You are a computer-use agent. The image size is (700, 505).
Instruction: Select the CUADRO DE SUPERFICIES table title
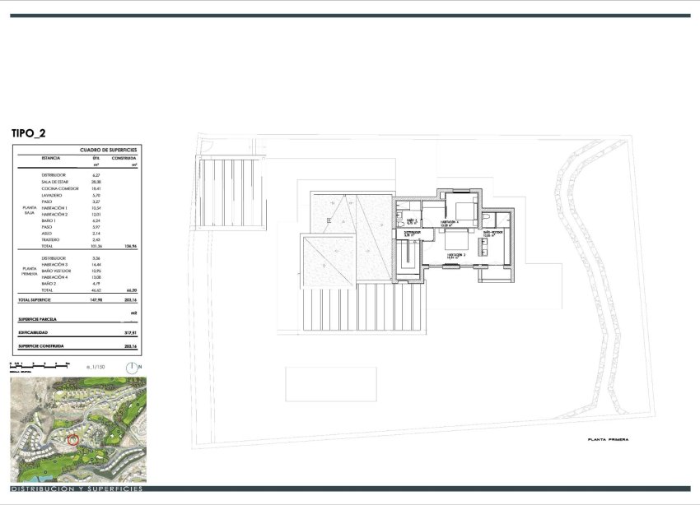[x=108, y=150]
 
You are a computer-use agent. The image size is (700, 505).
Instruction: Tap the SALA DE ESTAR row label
[x=56, y=182]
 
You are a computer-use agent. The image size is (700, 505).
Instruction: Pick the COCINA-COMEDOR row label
[x=59, y=188]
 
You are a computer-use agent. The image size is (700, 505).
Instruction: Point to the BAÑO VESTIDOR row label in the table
[x=58, y=271]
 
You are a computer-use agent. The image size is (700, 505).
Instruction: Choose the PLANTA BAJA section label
[x=28, y=211]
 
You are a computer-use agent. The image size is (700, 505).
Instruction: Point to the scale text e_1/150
[x=96, y=366]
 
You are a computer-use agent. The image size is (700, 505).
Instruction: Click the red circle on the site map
[x=73, y=440]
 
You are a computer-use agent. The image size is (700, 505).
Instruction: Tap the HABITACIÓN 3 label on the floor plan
[x=457, y=255]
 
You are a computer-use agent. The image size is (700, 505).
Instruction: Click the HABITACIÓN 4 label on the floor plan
[x=449, y=222]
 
